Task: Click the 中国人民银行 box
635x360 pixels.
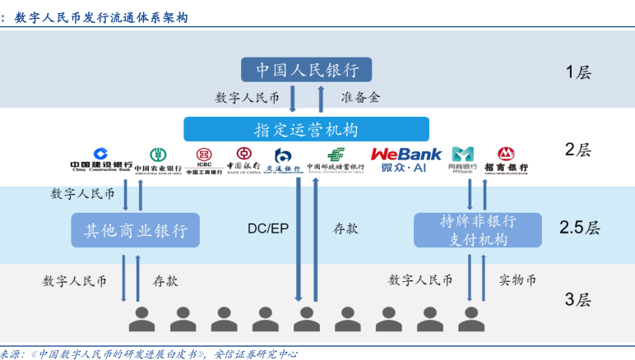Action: point(306,69)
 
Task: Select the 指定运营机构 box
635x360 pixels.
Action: point(306,129)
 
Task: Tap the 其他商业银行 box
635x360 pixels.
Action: point(136,230)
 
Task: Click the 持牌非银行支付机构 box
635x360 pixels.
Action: point(477,230)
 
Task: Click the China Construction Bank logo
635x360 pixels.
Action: point(100,159)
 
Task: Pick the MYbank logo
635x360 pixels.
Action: point(462,159)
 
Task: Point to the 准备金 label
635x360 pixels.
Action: point(361,97)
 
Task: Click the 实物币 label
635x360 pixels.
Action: point(517,280)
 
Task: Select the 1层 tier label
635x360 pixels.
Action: point(578,72)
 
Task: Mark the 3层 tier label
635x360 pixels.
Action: point(578,299)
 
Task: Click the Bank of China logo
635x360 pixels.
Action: point(243,159)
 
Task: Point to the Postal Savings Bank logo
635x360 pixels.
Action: point(336,159)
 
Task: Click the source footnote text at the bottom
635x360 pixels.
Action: point(148,353)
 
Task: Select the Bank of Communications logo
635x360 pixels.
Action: point(283,159)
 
